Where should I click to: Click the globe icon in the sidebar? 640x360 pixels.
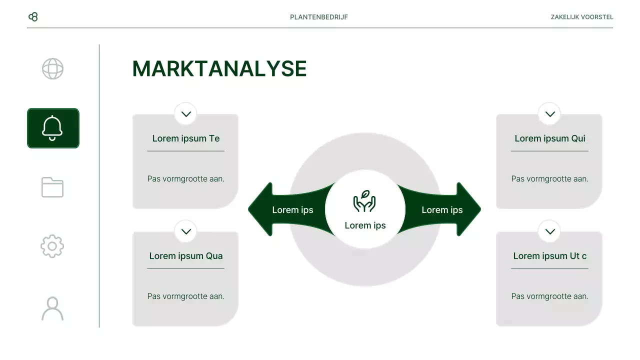[52, 69]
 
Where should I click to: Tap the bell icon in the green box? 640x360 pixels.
[52, 128]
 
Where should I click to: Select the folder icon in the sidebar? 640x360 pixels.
[52, 187]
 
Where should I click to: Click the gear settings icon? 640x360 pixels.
[52, 246]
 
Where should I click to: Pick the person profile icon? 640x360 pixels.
[52, 308]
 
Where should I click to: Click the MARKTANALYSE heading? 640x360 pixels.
[219, 69]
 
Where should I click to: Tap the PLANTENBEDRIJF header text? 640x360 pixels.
[319, 17]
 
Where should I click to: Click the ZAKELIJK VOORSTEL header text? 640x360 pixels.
[581, 17]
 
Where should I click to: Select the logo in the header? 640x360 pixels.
[33, 17]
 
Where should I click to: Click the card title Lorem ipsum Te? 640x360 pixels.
[186, 138]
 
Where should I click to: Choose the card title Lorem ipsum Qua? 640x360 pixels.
[186, 256]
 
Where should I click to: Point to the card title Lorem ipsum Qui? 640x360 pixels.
[550, 138]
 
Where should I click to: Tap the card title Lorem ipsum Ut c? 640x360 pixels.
[550, 256]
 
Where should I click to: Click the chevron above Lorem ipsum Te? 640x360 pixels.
[186, 114]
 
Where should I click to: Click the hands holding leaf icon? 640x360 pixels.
[364, 201]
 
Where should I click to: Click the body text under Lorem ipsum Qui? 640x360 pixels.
[550, 178]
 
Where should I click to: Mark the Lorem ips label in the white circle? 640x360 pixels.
[365, 225]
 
